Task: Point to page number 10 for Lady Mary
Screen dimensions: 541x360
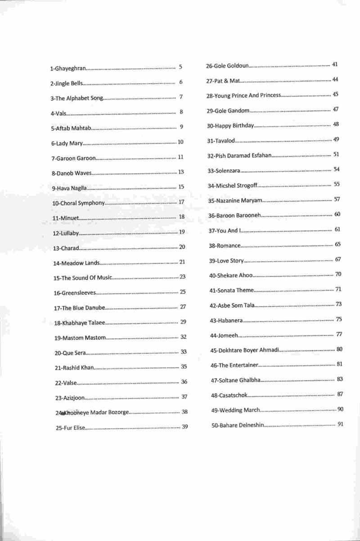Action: (x=180, y=142)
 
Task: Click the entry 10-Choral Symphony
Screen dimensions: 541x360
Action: (x=79, y=203)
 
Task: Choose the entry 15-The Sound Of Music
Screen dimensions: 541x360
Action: (x=82, y=278)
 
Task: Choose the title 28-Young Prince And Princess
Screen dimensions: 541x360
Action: (x=243, y=95)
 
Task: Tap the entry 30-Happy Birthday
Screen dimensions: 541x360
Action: (x=230, y=125)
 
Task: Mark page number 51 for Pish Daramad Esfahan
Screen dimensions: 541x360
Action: (x=336, y=155)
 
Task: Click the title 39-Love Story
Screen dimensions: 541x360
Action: (x=226, y=260)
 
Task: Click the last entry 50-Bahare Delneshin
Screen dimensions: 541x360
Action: (x=238, y=425)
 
